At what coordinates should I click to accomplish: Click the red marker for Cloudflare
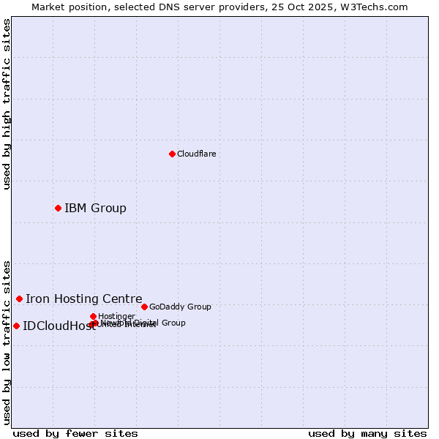pyautogui.click(x=172, y=154)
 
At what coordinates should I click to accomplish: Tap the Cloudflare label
pyautogui.click(x=196, y=154)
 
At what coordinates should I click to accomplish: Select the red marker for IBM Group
pyautogui.click(x=58, y=208)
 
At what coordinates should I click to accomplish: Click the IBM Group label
pyautogui.click(x=95, y=209)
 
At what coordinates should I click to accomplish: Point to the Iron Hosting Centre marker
pyautogui.click(x=19, y=299)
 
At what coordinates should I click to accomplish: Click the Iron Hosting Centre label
pyautogui.click(x=83, y=299)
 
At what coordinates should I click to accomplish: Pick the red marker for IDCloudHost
pyautogui.click(x=16, y=326)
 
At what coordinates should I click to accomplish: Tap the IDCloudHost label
pyautogui.click(x=59, y=326)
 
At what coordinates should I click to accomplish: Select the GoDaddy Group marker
pyautogui.click(x=144, y=307)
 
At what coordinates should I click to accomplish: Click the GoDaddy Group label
pyautogui.click(x=180, y=307)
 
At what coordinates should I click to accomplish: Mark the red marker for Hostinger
pyautogui.click(x=93, y=316)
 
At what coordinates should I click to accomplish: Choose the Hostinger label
pyautogui.click(x=116, y=316)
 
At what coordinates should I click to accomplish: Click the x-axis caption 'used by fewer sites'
pyautogui.click(x=75, y=433)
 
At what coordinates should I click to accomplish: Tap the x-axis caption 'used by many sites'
pyautogui.click(x=367, y=433)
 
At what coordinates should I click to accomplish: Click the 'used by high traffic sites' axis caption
pyautogui.click(x=7, y=104)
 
